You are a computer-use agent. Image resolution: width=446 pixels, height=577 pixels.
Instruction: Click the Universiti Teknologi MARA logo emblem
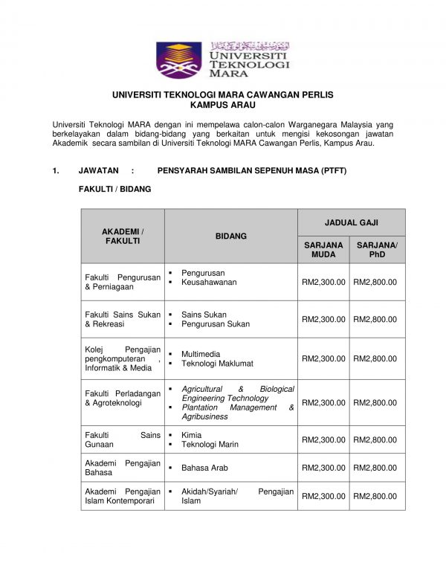178,60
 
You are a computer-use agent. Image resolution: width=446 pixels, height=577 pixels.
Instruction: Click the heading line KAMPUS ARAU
222,106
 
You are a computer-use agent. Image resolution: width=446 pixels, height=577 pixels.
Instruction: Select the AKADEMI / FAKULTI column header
123,236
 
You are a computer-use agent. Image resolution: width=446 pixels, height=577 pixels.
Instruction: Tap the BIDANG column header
230,236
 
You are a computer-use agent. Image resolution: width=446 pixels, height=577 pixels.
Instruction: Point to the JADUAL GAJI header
351,222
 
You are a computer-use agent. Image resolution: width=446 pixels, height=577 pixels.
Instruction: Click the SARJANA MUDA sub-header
323,250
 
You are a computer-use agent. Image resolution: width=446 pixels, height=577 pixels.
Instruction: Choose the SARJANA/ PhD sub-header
377,250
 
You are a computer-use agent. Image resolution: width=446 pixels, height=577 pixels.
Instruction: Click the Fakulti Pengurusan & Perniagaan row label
123,282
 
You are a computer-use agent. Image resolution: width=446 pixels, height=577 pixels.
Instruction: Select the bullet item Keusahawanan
209,283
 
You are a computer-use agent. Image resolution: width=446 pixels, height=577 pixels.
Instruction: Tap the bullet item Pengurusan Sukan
216,324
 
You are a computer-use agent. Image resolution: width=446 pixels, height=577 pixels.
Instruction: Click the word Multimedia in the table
201,354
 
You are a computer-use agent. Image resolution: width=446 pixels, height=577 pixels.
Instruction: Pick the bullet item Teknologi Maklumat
217,364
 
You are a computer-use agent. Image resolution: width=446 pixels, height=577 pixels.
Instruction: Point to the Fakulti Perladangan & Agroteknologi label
123,399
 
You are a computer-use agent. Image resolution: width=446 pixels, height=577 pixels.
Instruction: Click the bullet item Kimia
191,435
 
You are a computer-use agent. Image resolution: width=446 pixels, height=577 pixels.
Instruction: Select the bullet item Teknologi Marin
210,445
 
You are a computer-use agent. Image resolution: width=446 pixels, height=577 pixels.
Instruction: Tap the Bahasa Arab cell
204,468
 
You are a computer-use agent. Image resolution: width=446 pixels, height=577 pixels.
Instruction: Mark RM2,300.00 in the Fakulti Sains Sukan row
323,320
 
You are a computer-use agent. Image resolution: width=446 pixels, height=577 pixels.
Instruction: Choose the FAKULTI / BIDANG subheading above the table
114,190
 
